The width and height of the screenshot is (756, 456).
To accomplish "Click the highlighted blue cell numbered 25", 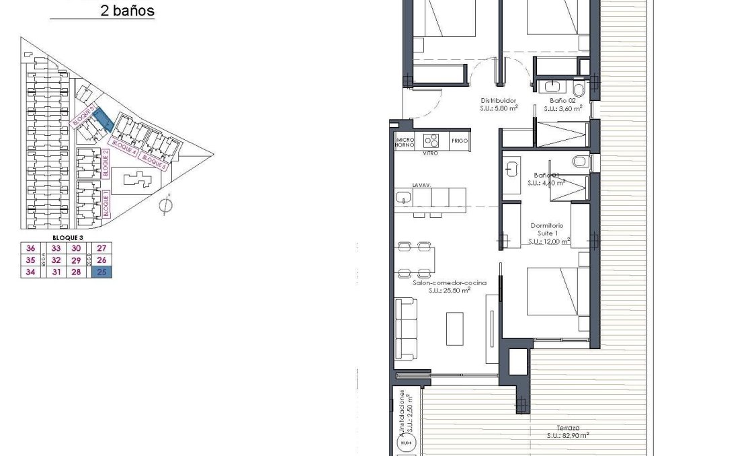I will (102, 272).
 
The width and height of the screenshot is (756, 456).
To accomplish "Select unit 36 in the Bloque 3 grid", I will (30, 248).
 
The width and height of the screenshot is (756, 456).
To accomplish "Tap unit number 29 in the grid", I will (76, 260).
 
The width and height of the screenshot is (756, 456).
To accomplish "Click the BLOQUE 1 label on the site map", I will (106, 202).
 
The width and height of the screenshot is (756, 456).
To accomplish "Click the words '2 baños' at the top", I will (127, 11).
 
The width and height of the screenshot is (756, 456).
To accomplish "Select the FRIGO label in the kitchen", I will (460, 141).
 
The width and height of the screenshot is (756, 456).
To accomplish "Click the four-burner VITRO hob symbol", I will (430, 141).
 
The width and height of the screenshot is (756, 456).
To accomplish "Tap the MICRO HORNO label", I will (405, 141).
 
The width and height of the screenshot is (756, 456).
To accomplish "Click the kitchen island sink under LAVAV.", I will (404, 198).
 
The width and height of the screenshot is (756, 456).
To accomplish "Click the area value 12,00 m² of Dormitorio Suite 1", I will (548, 241).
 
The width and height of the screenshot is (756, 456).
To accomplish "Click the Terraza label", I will (568, 428).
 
